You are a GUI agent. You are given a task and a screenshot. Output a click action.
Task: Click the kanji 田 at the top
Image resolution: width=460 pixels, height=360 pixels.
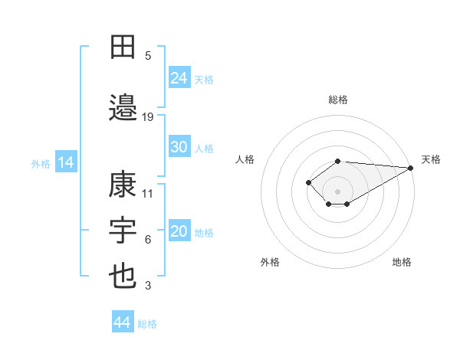(x=123, y=47)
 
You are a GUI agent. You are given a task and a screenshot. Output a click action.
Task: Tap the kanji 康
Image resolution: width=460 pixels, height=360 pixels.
(x=123, y=185)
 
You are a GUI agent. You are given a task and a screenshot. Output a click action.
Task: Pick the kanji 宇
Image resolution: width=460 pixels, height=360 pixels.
(x=123, y=231)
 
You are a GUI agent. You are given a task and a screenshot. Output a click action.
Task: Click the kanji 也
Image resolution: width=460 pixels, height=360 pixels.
(x=123, y=277)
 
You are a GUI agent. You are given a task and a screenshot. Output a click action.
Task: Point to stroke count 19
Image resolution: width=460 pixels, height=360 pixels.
(x=148, y=116)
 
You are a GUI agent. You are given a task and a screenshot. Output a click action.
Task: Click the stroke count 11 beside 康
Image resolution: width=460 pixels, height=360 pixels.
(x=148, y=193)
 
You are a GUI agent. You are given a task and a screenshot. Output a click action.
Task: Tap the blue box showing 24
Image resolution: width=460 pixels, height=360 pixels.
(x=179, y=77)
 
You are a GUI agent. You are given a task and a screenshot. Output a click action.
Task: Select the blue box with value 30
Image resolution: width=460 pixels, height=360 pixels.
(x=179, y=147)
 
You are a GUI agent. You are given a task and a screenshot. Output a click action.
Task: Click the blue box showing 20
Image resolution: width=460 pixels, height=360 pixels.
(x=179, y=231)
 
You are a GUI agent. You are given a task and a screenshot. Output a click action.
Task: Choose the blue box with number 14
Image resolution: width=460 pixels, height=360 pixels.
(x=66, y=162)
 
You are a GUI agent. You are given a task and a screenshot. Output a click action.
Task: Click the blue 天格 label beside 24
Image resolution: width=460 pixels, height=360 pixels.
(x=203, y=79)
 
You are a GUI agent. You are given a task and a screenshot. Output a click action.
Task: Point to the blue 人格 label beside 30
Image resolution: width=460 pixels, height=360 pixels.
(x=203, y=149)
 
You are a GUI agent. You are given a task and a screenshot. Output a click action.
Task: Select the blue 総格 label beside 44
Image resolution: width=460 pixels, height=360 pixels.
(x=147, y=324)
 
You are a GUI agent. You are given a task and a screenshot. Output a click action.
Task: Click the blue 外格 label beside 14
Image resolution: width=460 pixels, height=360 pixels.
(x=41, y=164)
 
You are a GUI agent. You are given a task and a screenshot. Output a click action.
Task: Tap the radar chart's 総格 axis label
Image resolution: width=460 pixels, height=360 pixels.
(x=337, y=100)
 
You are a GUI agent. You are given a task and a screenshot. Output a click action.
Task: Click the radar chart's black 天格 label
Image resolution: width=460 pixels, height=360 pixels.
(x=431, y=159)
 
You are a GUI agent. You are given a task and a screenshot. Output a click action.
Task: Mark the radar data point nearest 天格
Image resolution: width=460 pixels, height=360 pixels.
(x=411, y=168)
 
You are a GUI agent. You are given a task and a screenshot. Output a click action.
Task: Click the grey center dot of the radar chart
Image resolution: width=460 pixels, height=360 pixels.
(x=337, y=191)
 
